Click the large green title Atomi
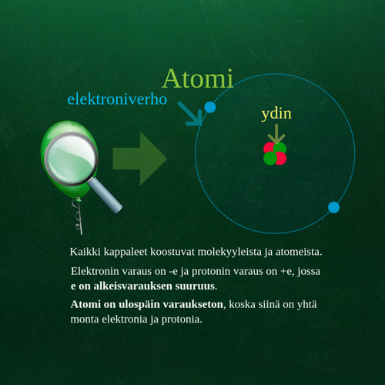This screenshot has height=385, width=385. point(197,79)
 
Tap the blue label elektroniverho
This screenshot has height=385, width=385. point(117,99)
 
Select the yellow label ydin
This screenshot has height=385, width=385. point(276,115)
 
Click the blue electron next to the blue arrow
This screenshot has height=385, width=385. point(209,107)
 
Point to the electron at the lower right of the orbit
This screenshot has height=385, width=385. point(333,207)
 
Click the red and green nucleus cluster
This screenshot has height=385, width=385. point(275,153)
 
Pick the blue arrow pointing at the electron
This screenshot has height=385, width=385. point(189,112)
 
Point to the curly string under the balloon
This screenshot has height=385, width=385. point(76,219)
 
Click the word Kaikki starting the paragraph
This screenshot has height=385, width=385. point(85,252)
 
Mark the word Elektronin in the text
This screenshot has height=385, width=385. point(96,273)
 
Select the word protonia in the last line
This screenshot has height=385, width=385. point(179,319)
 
